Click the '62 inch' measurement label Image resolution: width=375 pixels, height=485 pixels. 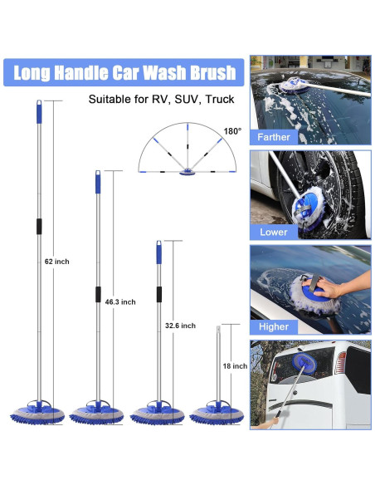tap(56, 261)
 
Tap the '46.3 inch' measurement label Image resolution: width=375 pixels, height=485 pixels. tap(120, 301)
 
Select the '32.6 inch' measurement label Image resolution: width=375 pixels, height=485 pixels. tap(180, 326)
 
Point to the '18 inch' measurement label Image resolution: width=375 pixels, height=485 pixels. tap(235, 365)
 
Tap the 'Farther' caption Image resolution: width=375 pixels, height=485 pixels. tap(274, 137)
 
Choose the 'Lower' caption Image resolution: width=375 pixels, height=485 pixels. tap(273, 232)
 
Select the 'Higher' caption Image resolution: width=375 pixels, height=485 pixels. tap(273, 326)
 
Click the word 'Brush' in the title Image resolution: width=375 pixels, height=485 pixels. tap(209, 72)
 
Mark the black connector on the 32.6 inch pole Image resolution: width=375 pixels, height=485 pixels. tap(158, 296)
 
